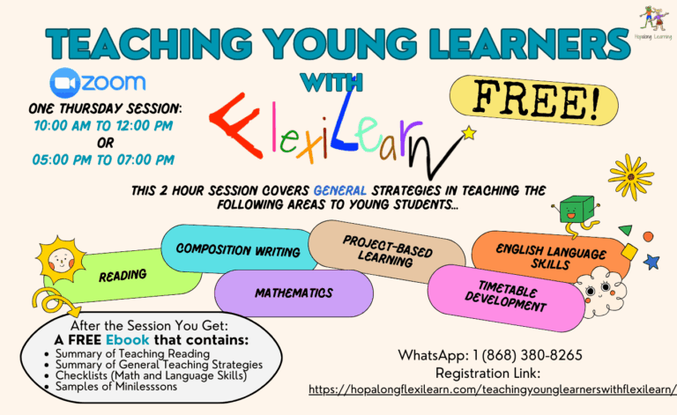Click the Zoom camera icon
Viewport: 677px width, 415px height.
coord(64,83)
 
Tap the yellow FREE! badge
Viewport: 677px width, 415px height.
coord(534,100)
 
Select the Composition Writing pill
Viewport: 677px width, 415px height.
coord(238,249)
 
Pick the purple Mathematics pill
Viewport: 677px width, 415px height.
coord(294,293)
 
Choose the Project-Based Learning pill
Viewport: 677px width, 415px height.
coord(387,251)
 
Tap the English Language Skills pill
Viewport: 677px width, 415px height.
coord(550,256)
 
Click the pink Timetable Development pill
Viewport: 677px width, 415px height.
coord(506,298)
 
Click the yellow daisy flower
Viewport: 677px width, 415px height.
coord(631,177)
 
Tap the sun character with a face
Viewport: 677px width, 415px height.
coord(61,260)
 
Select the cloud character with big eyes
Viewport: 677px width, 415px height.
coord(600,292)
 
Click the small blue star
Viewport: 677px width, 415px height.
coord(651,262)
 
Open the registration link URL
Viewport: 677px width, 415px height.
coord(493,389)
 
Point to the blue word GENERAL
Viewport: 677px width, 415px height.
coord(340,190)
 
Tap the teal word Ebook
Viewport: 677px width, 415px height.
coord(127,340)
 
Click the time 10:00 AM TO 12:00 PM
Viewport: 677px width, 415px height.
coord(103,125)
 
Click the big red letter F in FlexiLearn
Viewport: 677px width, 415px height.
coord(236,125)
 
